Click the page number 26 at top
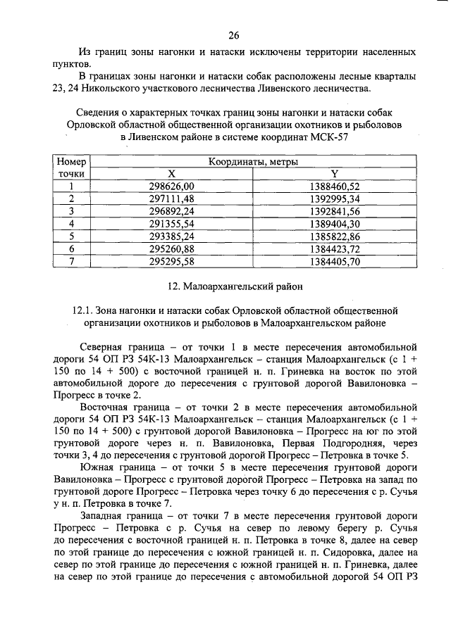tap(235, 35)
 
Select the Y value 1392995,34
tap(335, 198)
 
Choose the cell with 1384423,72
tap(335, 248)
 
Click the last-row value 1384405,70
tap(335, 261)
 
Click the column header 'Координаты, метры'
tap(253, 161)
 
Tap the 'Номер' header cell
tap(71, 161)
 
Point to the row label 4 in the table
tap(71, 224)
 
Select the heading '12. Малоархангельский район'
tap(235, 286)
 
